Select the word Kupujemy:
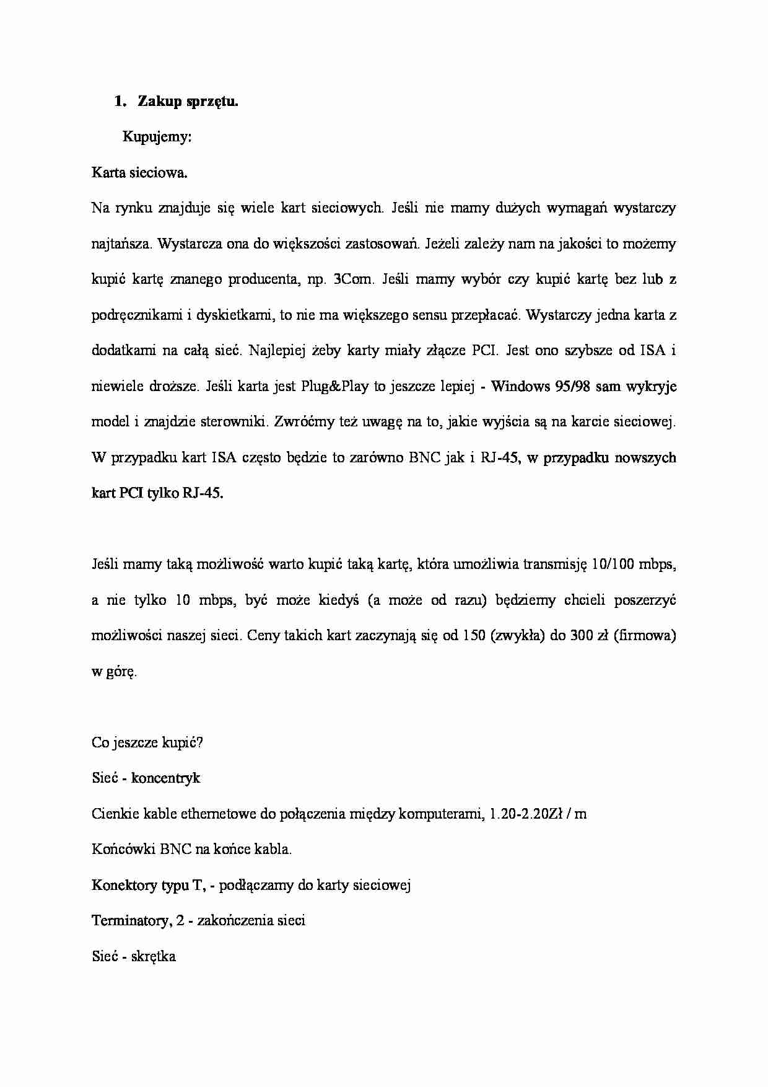(157, 137)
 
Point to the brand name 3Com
(354, 279)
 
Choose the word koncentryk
(165, 778)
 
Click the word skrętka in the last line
(154, 956)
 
